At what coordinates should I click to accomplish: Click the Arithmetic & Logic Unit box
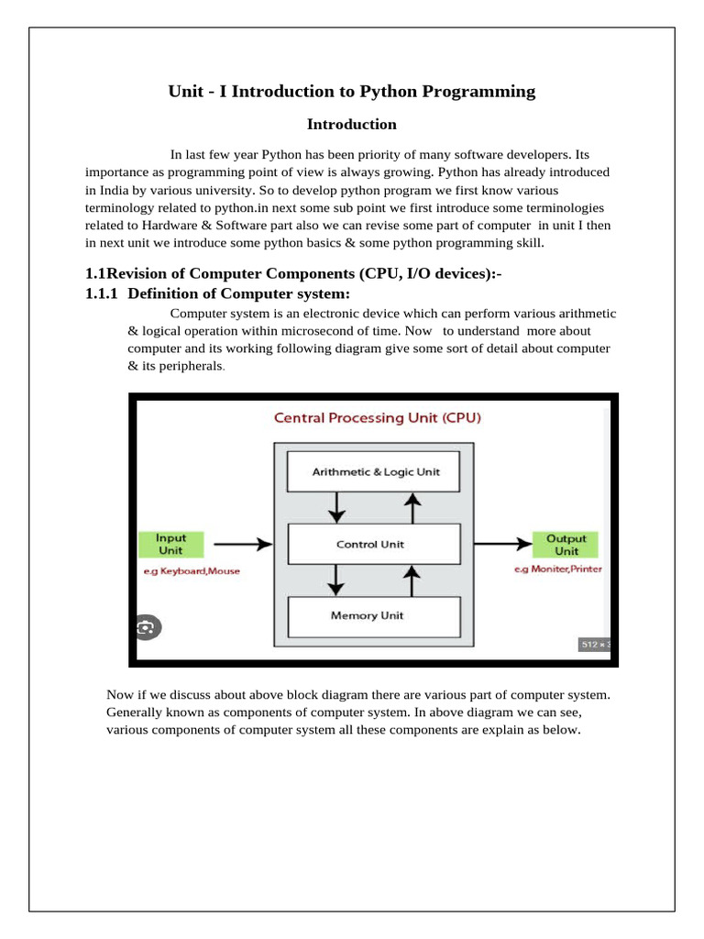(x=376, y=471)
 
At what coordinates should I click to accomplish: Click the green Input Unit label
(x=170, y=544)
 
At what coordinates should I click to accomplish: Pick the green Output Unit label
(x=566, y=544)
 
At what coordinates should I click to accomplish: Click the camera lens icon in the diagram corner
(x=146, y=627)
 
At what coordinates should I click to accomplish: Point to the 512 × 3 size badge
(x=595, y=645)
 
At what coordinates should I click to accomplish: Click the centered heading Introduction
(x=351, y=124)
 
